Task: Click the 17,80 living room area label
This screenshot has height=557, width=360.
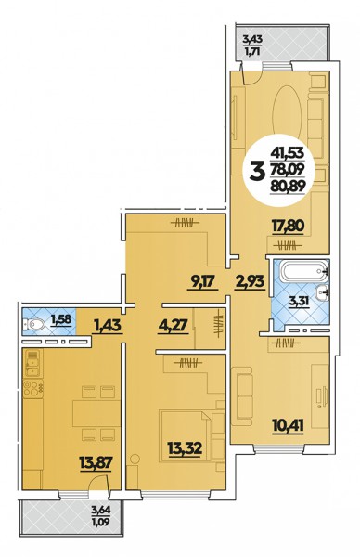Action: click(x=288, y=226)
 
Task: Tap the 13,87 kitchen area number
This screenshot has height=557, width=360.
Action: click(x=96, y=463)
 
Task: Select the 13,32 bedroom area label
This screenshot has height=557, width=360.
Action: click(x=185, y=448)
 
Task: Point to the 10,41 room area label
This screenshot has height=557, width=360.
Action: click(x=288, y=424)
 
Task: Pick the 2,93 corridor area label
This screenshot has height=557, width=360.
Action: click(x=250, y=281)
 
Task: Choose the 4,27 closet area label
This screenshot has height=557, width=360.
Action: click(x=173, y=325)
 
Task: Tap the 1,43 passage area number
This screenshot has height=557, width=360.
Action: click(x=108, y=325)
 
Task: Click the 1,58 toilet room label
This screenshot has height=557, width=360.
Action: click(x=61, y=319)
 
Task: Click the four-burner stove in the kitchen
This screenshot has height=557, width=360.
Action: click(x=33, y=388)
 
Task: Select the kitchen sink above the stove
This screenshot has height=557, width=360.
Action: click(x=32, y=363)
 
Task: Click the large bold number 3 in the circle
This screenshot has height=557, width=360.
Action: click(x=258, y=171)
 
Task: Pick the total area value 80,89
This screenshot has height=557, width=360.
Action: click(x=288, y=185)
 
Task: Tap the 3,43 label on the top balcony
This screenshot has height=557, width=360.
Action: click(x=252, y=38)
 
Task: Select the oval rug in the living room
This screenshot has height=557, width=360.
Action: click(x=287, y=112)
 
